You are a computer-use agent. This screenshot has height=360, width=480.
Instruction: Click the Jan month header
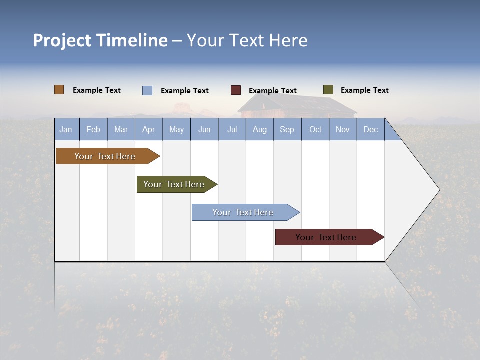(x=66, y=129)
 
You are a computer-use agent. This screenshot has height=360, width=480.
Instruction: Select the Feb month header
(x=93, y=129)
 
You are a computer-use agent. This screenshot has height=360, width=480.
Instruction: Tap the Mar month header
(x=121, y=129)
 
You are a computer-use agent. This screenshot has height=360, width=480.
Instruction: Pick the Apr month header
(x=149, y=129)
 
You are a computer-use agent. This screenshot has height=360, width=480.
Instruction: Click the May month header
(x=176, y=129)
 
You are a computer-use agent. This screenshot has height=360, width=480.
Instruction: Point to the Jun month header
(x=204, y=129)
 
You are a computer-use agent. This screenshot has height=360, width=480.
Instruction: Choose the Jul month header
(x=232, y=129)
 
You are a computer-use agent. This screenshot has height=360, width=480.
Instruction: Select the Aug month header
(x=260, y=129)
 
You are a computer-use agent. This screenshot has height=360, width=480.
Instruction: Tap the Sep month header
(x=287, y=129)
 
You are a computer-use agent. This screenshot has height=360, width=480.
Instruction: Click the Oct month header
(x=315, y=129)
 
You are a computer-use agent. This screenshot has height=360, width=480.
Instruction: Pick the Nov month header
(x=343, y=129)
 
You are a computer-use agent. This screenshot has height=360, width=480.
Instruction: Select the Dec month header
(x=371, y=129)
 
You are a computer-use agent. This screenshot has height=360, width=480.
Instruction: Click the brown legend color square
(x=59, y=90)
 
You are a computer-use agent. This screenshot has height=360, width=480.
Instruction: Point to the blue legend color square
(x=147, y=90)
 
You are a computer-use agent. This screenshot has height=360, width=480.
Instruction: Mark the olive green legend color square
(x=328, y=90)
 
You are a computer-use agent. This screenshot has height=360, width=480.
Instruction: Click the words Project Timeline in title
(x=100, y=40)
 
